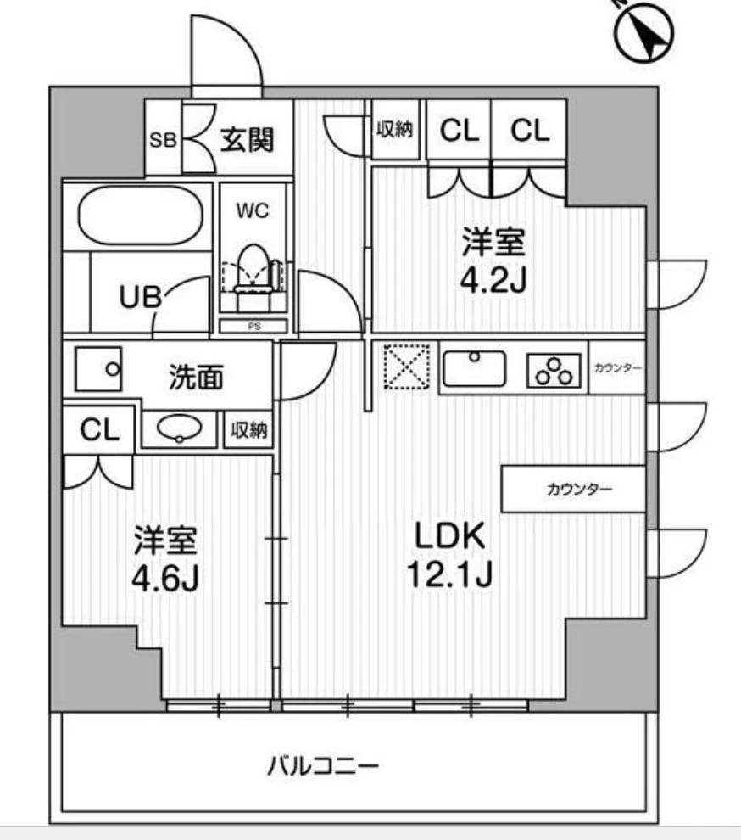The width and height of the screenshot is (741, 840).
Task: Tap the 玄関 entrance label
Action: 247,139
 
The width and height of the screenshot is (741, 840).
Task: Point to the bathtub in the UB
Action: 142,216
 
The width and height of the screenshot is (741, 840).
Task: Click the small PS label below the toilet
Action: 253,325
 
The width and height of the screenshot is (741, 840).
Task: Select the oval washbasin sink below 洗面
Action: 180,428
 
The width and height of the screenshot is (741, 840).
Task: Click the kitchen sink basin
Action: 475,368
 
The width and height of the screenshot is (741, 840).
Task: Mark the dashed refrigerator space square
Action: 407,367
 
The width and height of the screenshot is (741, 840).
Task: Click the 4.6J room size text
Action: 165,580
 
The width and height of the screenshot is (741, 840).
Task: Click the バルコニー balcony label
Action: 323,766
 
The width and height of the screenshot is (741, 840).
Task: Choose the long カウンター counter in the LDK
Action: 573,489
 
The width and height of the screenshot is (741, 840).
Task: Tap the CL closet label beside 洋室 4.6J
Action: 99,430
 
